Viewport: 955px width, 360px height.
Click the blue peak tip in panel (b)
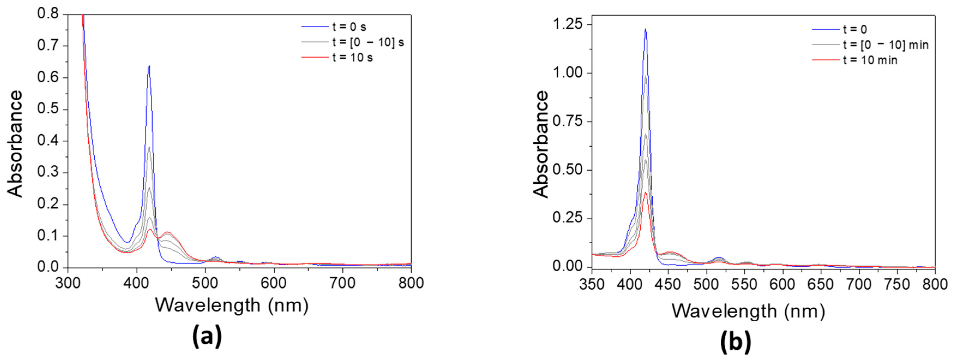646,29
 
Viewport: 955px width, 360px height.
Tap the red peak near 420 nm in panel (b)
646,192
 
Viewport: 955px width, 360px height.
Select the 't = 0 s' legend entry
349,27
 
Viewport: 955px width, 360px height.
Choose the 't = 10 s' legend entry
353,58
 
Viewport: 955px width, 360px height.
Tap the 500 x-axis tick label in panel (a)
205,283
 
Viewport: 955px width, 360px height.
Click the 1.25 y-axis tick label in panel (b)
567,25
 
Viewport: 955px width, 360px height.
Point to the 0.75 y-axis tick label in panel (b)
567,121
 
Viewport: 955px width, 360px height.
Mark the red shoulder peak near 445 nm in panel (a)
168,232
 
